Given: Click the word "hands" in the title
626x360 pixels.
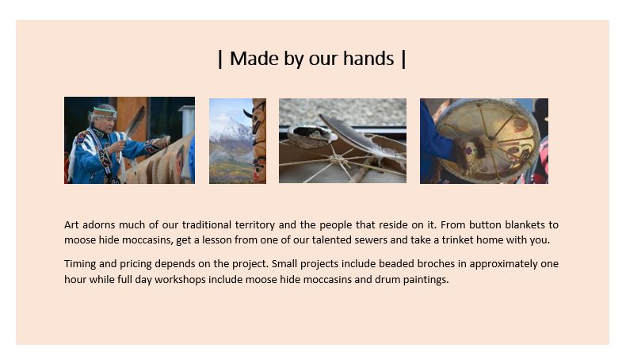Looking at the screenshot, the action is tap(368, 59).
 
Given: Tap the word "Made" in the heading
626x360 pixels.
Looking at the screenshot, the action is tap(254, 59).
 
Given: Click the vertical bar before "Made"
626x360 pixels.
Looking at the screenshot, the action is tap(220, 59).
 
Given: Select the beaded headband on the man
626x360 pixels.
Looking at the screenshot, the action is tap(105, 113).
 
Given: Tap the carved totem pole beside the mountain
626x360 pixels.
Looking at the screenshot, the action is tap(258, 141).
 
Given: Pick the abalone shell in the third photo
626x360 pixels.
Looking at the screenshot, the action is tap(312, 136).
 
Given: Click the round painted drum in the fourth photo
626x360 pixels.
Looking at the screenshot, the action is tap(488, 140).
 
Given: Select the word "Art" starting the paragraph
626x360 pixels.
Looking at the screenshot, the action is tap(71, 224).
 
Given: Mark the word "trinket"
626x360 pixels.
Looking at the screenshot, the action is tap(457, 239).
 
